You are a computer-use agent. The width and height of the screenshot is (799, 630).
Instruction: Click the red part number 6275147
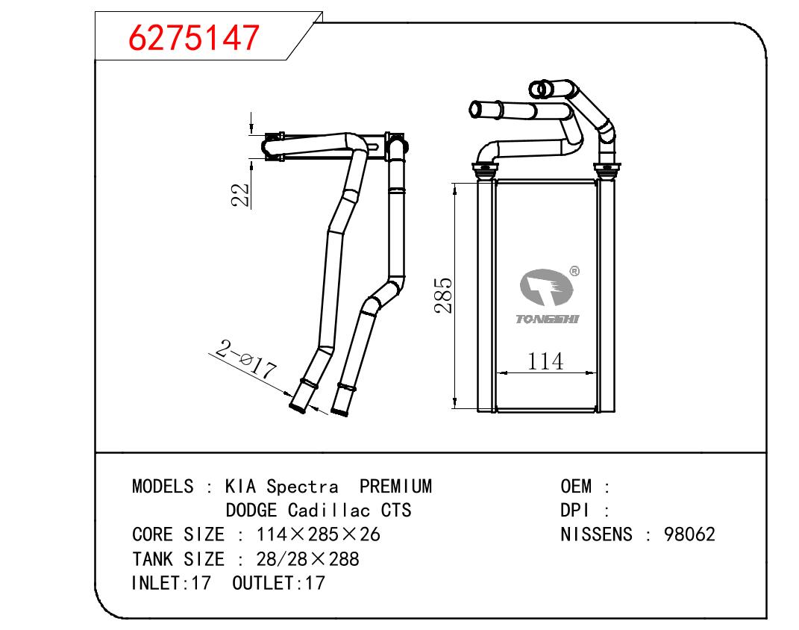click(195, 37)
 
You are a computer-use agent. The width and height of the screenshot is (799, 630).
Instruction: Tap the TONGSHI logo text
click(547, 319)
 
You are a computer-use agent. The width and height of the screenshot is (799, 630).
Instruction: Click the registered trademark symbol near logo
click(574, 272)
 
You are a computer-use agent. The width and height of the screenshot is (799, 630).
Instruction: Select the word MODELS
click(163, 487)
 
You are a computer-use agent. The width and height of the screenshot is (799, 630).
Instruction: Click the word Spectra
click(302, 487)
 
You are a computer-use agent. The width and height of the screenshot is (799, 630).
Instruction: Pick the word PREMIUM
click(395, 487)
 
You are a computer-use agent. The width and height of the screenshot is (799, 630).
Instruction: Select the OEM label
click(576, 487)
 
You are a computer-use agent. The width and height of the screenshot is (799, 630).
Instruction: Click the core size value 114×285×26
click(319, 534)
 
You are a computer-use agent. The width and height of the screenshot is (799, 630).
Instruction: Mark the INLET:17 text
click(172, 582)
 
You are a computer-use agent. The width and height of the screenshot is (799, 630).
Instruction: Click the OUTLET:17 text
click(279, 582)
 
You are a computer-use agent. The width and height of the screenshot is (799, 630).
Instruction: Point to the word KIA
click(241, 487)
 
